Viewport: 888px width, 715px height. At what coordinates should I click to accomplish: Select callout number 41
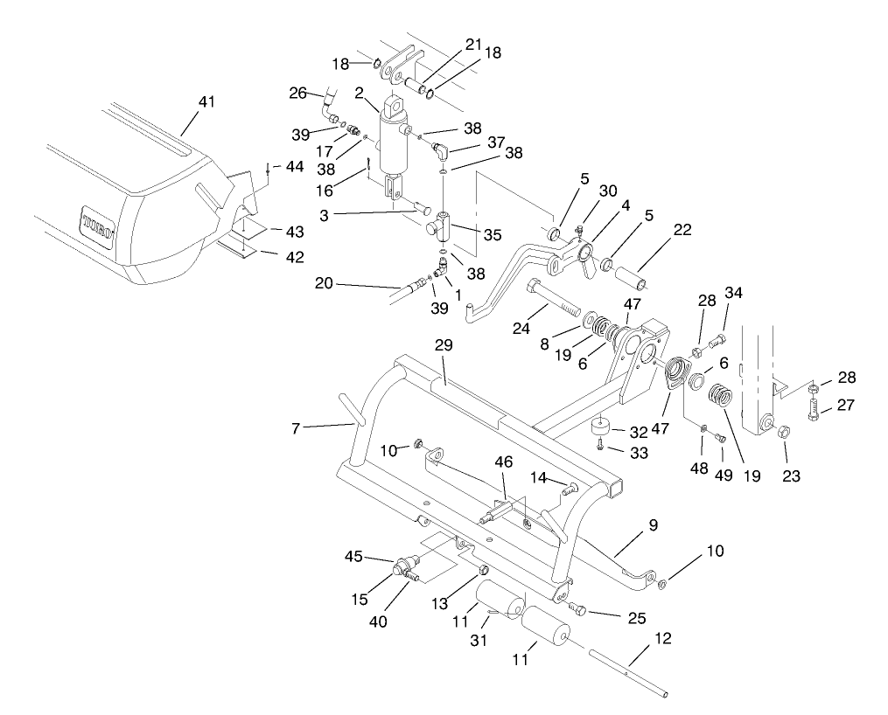pos(206,103)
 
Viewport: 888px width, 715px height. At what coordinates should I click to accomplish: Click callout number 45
pos(353,557)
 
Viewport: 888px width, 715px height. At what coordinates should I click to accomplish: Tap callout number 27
pos(847,405)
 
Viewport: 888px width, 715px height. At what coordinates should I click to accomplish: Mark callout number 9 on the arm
pos(653,525)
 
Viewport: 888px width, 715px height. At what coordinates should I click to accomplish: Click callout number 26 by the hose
pos(298,93)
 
